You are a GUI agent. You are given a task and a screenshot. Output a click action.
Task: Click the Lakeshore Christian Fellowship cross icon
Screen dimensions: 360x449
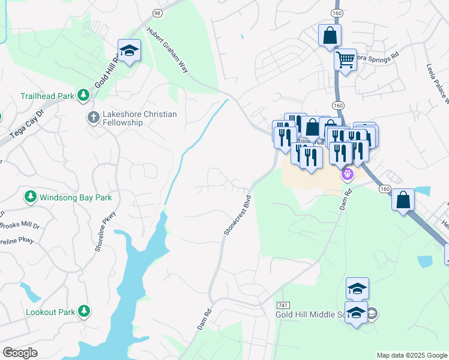[93, 118]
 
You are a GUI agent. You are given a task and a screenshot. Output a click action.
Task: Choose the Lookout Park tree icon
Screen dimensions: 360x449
[85, 311]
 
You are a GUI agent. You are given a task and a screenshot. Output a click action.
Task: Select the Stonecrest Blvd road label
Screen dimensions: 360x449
[237, 213]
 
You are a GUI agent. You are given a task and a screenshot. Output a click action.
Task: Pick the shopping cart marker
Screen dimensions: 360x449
[345, 61]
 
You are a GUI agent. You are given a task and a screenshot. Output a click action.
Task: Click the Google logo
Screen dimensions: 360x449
[20, 353]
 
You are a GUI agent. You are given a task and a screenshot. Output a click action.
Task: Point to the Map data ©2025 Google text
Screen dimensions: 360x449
[412, 355]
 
